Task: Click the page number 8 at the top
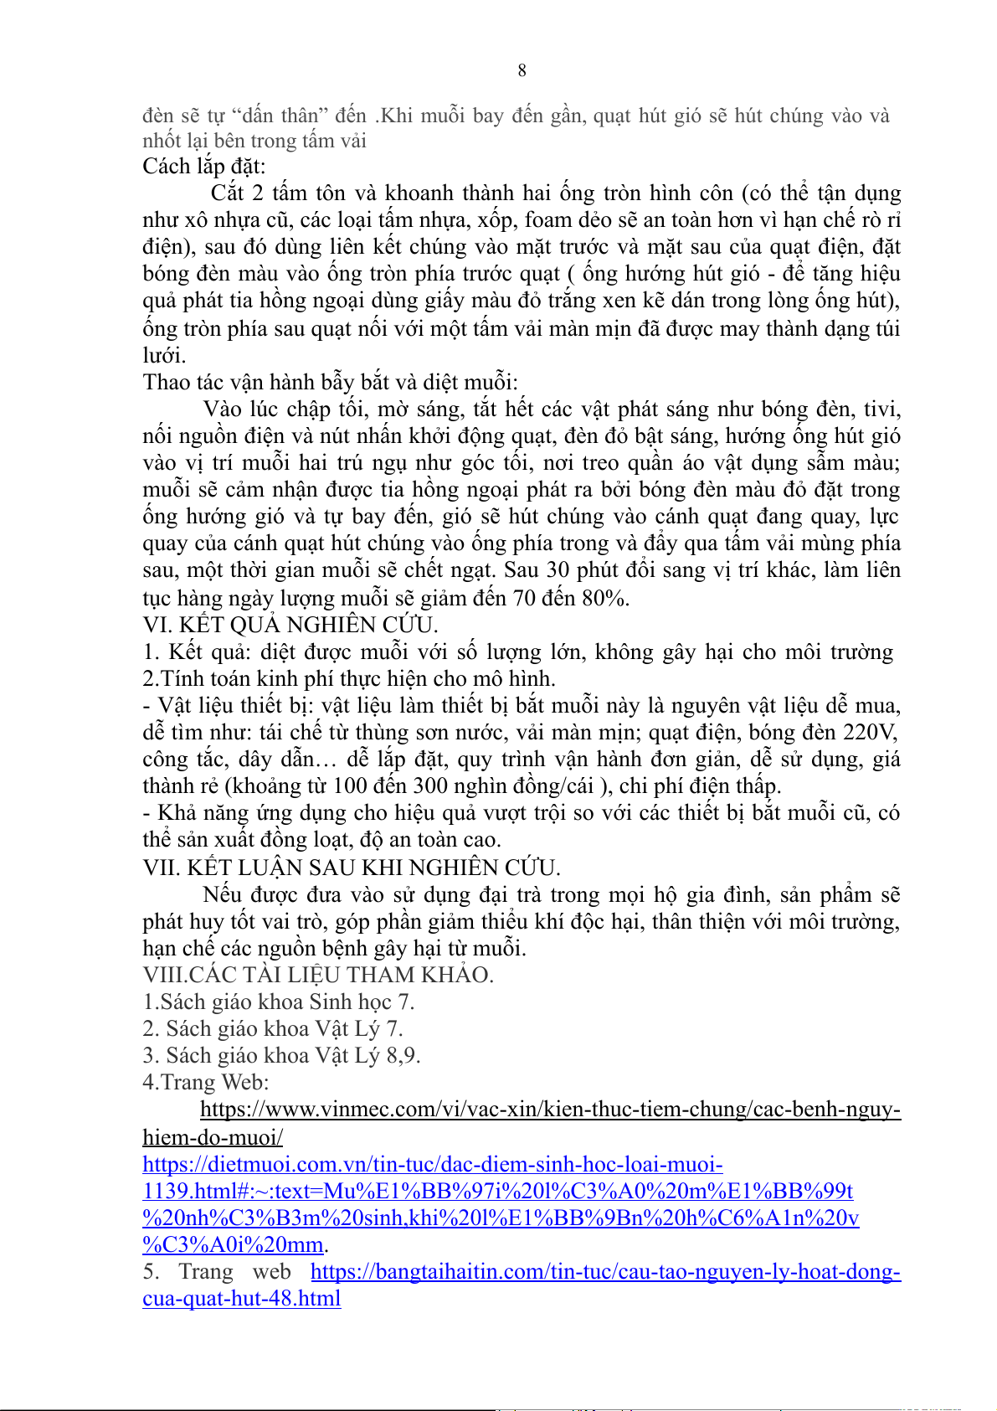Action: click(x=522, y=70)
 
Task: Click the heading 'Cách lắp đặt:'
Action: click(x=203, y=167)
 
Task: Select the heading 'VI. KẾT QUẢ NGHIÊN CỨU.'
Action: click(x=290, y=626)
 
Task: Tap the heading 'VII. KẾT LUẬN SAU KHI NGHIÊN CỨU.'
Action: click(x=352, y=868)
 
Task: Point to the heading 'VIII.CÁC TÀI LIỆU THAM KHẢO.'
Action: click(x=318, y=976)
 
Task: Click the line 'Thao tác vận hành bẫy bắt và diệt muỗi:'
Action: click(x=330, y=383)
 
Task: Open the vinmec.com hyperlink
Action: click(x=550, y=1110)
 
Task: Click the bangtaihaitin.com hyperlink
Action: click(x=604, y=1272)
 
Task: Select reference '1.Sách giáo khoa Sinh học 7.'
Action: click(x=278, y=1002)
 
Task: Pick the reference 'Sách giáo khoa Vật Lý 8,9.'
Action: click(x=292, y=1056)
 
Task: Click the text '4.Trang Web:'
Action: click(x=205, y=1083)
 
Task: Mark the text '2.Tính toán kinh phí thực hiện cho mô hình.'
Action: click(x=348, y=679)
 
